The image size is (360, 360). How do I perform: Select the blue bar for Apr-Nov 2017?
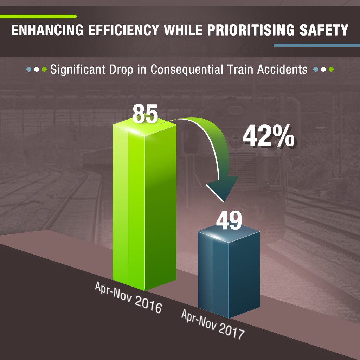point(229,271)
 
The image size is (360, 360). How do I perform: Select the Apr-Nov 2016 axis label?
point(128,297)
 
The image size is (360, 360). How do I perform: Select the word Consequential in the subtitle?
point(187,69)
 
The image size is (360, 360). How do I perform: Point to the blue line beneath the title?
point(316,45)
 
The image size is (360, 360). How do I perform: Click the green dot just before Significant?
point(44,70)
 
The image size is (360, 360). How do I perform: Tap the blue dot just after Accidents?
point(316,70)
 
